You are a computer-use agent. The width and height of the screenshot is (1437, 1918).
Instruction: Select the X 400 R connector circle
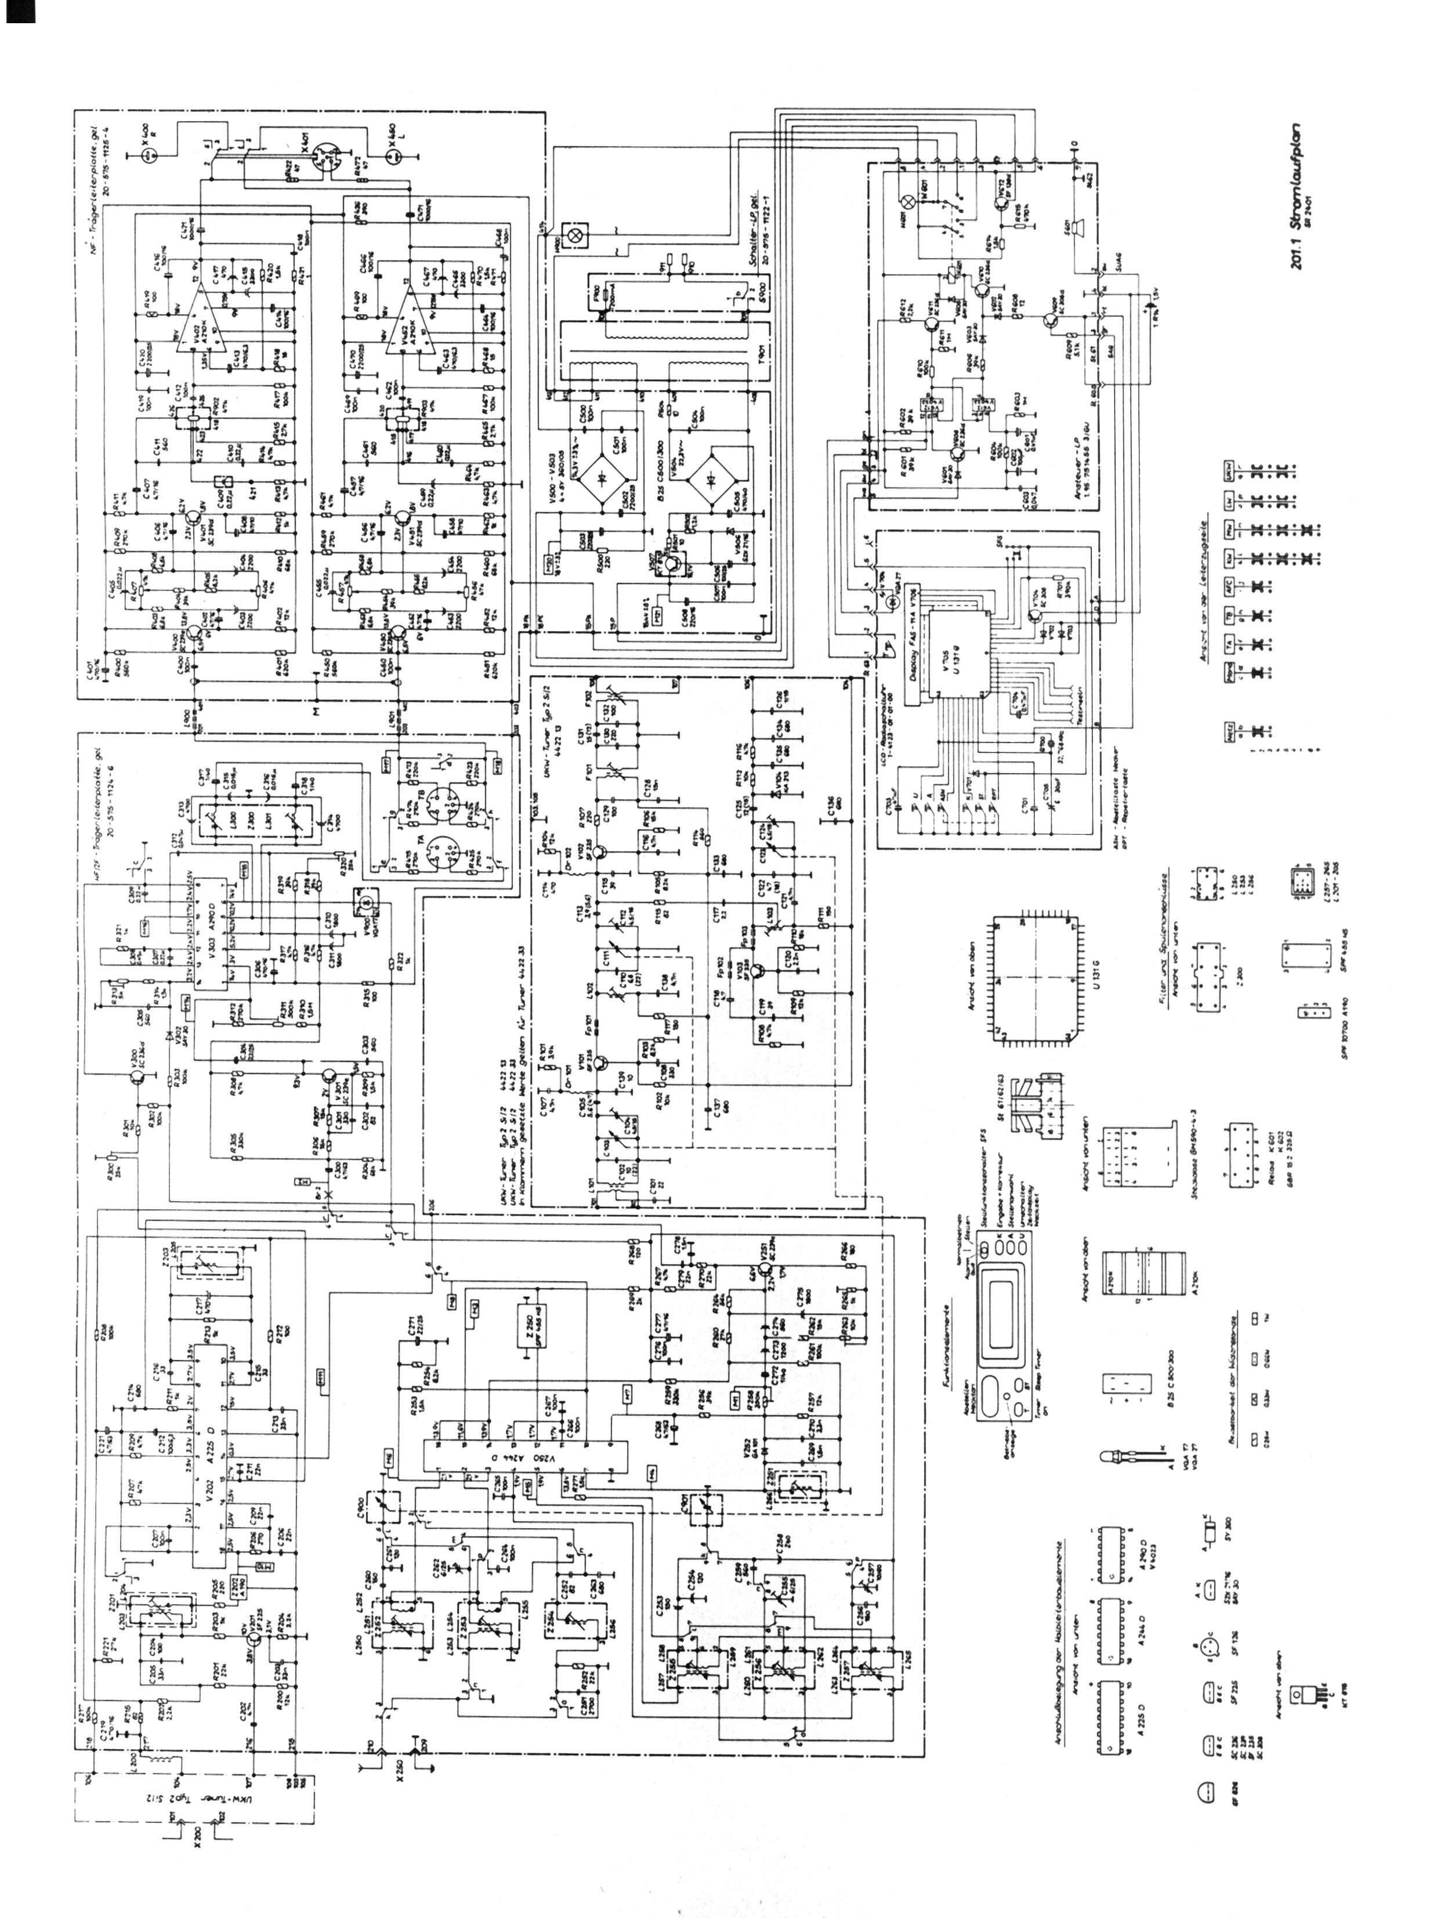coord(149,155)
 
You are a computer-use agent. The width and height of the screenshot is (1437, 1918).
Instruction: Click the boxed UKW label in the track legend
coord(1229,471)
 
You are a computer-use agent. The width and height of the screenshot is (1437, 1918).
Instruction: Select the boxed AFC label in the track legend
coord(1229,586)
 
